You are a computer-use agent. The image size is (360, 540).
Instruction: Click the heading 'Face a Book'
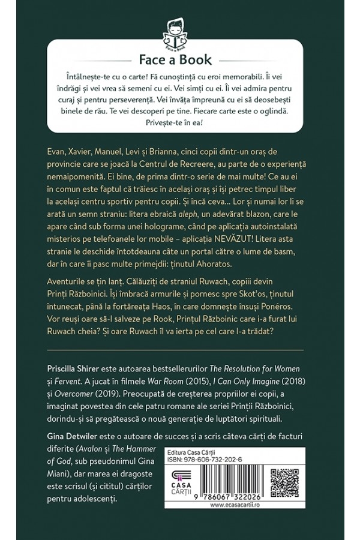180,59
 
